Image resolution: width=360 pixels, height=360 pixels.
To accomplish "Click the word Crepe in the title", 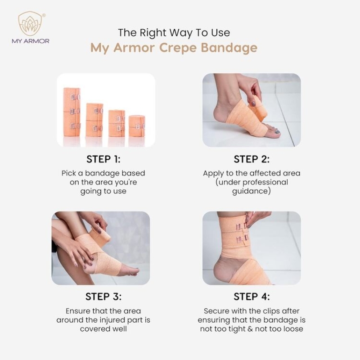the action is pyautogui.click(x=177, y=48).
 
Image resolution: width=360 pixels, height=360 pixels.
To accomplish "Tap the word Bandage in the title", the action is pyautogui.click(x=229, y=49).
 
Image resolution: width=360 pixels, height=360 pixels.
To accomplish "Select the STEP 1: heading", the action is pyautogui.click(x=103, y=159).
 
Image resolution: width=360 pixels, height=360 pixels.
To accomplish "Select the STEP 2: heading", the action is pyautogui.click(x=252, y=159).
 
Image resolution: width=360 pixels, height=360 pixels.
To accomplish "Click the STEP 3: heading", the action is pyautogui.click(x=103, y=297).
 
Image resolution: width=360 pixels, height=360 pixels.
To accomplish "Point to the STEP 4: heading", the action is pyautogui.click(x=252, y=297).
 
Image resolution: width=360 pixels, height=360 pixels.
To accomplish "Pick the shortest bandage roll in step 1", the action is pyautogui.click(x=137, y=126).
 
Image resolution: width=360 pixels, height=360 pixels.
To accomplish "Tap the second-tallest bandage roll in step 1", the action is pyautogui.click(x=94, y=120).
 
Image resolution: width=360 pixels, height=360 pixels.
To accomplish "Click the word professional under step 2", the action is pyautogui.click(x=265, y=183).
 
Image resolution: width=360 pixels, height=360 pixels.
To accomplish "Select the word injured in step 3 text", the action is pyautogui.click(x=113, y=320).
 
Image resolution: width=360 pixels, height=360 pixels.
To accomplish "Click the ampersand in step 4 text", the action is pyautogui.click(x=251, y=329).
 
